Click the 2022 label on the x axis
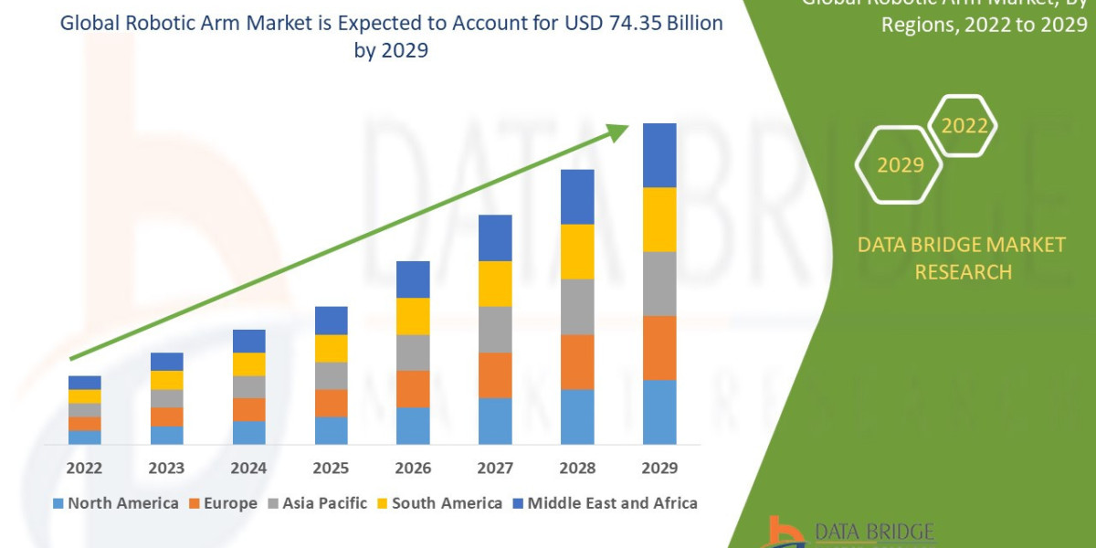tap(84, 468)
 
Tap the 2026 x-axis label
tap(413, 468)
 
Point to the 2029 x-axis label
tap(659, 468)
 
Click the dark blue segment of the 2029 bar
tap(659, 155)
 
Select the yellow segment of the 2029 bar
tap(659, 219)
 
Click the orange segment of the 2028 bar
tap(577, 362)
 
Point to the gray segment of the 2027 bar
tap(495, 329)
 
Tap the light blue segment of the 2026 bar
tap(413, 426)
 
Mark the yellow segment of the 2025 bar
tap(331, 348)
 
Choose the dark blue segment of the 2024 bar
tap(248, 341)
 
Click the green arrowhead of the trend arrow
tap(619, 132)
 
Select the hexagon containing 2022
tap(963, 126)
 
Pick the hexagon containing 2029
tap(899, 164)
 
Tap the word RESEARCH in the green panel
tap(963, 272)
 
